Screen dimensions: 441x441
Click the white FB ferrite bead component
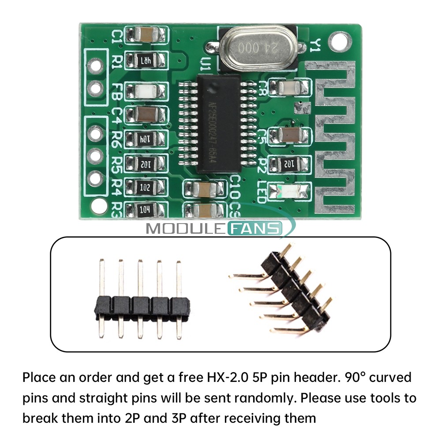point(146,91)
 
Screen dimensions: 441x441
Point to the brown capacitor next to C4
point(146,115)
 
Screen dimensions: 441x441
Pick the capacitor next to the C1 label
point(146,35)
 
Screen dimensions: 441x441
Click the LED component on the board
point(291,191)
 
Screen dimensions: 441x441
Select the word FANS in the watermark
point(254,228)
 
